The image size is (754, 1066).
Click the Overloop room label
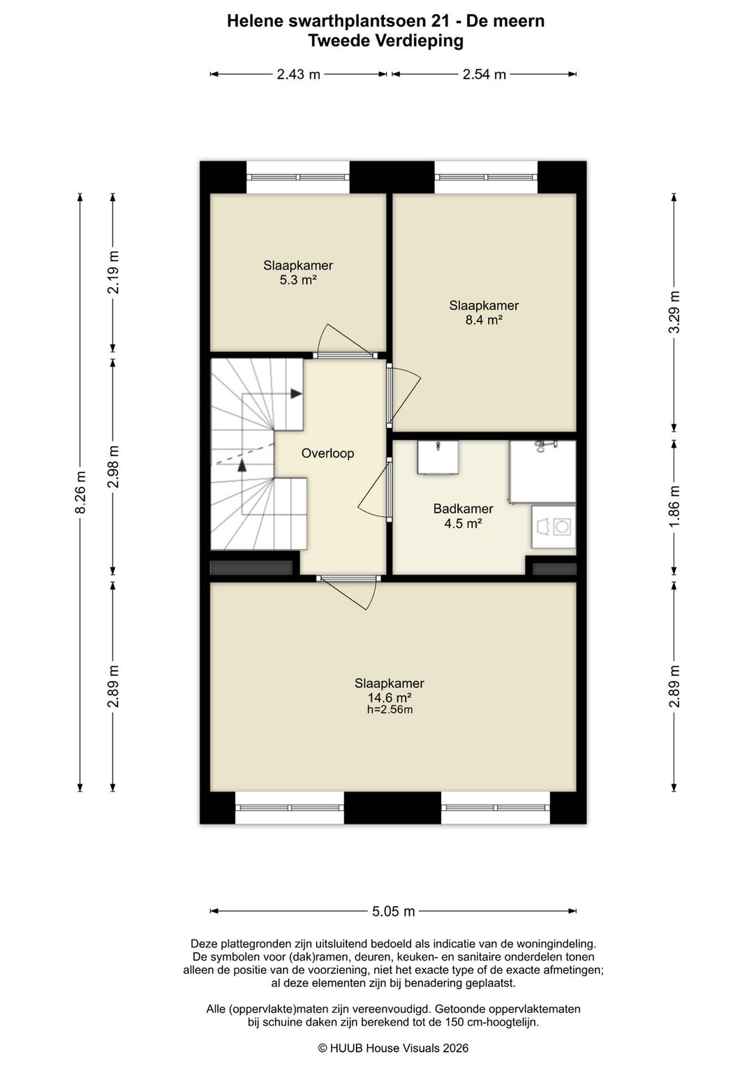pyautogui.click(x=327, y=453)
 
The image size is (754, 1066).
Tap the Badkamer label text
pyautogui.click(x=463, y=509)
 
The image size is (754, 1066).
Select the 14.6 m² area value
pyautogui.click(x=389, y=698)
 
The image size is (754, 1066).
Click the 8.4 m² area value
pyautogui.click(x=484, y=320)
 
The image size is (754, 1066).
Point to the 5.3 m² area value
pyautogui.click(x=298, y=280)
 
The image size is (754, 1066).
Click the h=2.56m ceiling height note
pyautogui.click(x=389, y=710)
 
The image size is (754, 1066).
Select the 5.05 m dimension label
pyautogui.click(x=394, y=912)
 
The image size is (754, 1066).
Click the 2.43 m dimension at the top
pyautogui.click(x=298, y=74)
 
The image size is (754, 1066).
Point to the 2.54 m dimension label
pyautogui.click(x=485, y=74)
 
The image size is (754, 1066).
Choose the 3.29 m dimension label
pyautogui.click(x=674, y=312)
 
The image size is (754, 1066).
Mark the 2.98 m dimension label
pyautogui.click(x=113, y=467)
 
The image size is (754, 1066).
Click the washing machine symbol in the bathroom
pyautogui.click(x=554, y=527)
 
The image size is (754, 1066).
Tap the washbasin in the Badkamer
pyautogui.click(x=438, y=458)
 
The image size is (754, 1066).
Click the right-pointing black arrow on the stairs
pyautogui.click(x=297, y=393)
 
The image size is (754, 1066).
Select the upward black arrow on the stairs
pyautogui.click(x=242, y=465)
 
